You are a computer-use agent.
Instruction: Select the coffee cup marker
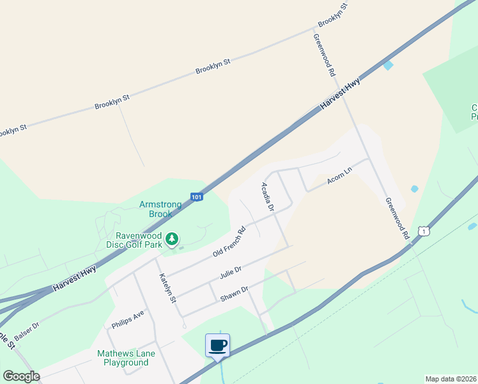tap(217, 346)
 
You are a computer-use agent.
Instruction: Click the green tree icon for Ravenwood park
tap(171, 239)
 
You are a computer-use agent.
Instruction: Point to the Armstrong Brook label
tap(160, 209)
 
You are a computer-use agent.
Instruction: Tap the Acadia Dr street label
tap(267, 197)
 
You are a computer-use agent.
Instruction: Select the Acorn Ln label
tap(339, 175)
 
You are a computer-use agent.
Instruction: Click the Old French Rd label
tap(229, 243)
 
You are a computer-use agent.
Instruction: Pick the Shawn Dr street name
tap(234, 293)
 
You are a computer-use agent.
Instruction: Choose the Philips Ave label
tap(128, 318)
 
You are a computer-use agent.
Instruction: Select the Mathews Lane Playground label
tap(123, 358)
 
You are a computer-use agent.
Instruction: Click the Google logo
tap(21, 376)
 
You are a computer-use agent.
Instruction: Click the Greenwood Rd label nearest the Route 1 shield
tap(396, 219)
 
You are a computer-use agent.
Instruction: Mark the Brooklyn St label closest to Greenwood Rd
tap(332, 17)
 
